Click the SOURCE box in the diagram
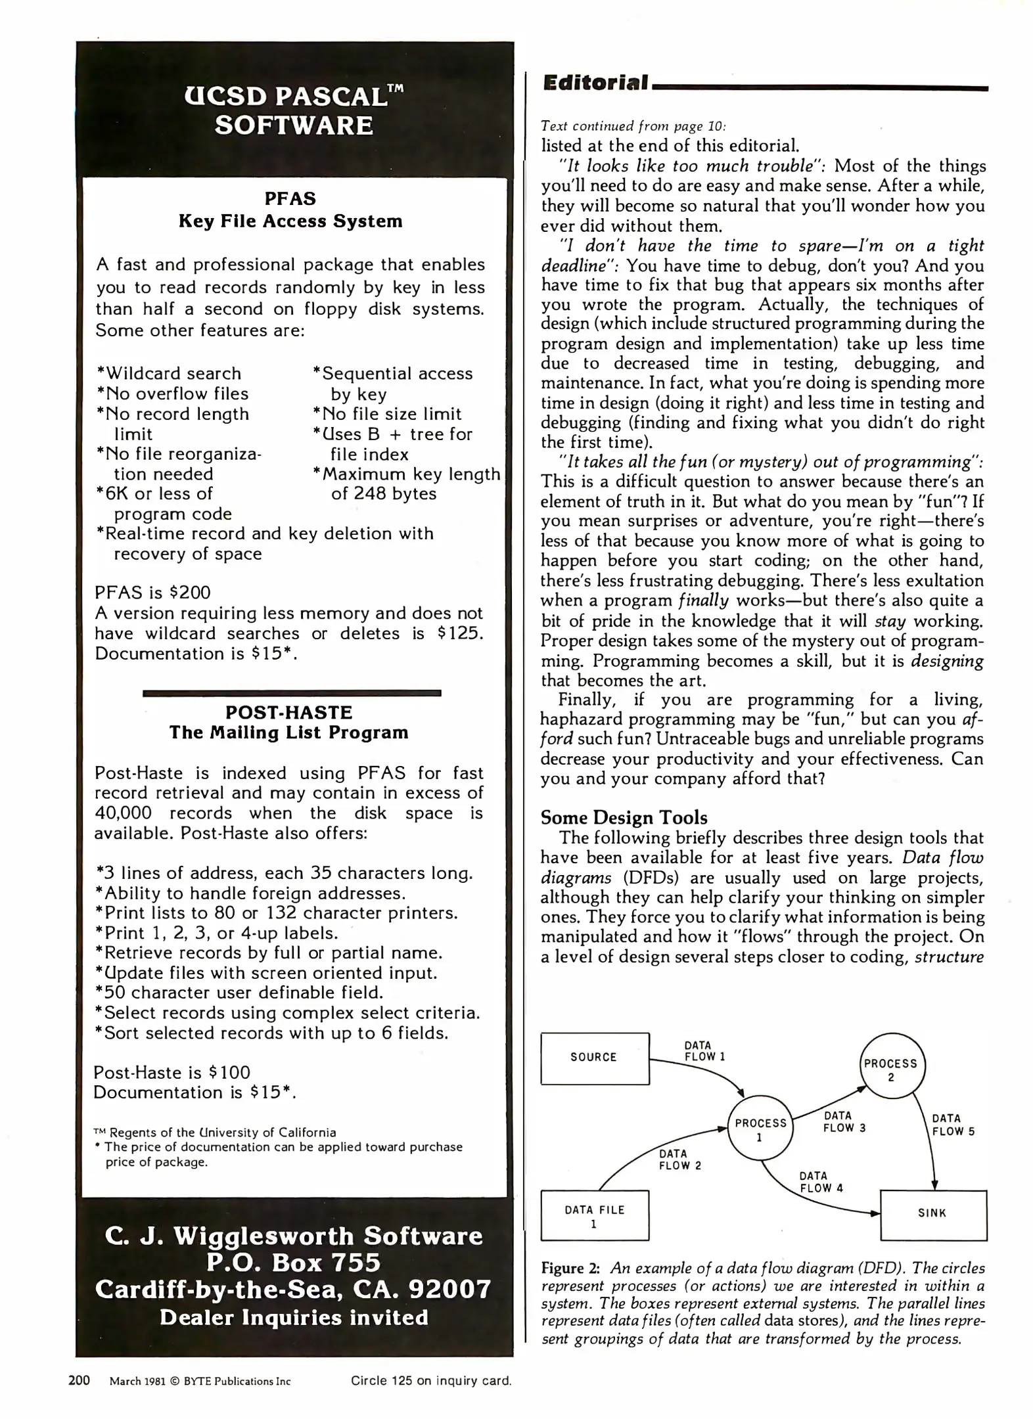(x=594, y=1058)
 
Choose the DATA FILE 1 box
(x=594, y=1215)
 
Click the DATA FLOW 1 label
(x=704, y=1051)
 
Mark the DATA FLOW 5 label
(x=953, y=1125)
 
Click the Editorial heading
(x=595, y=83)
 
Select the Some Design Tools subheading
(x=624, y=817)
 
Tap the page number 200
(x=79, y=1380)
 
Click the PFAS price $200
(x=190, y=593)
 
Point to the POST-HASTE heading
(x=288, y=712)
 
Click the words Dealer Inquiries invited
(x=294, y=1317)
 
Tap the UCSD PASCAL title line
(x=294, y=97)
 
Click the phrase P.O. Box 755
(x=294, y=1263)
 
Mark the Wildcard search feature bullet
(x=170, y=373)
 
